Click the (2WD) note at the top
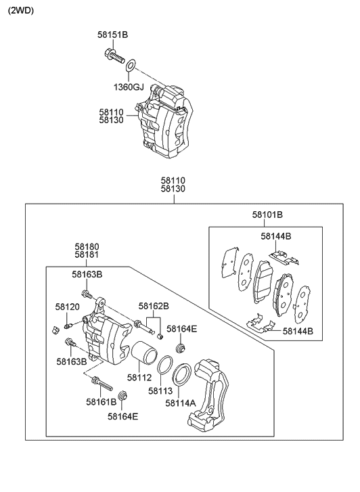[21, 11]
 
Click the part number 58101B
[267, 215]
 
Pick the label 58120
[68, 307]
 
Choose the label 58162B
[154, 306]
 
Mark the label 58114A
[181, 403]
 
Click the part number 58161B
[102, 402]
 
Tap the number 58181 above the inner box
[87, 256]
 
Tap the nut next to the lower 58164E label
[122, 395]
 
